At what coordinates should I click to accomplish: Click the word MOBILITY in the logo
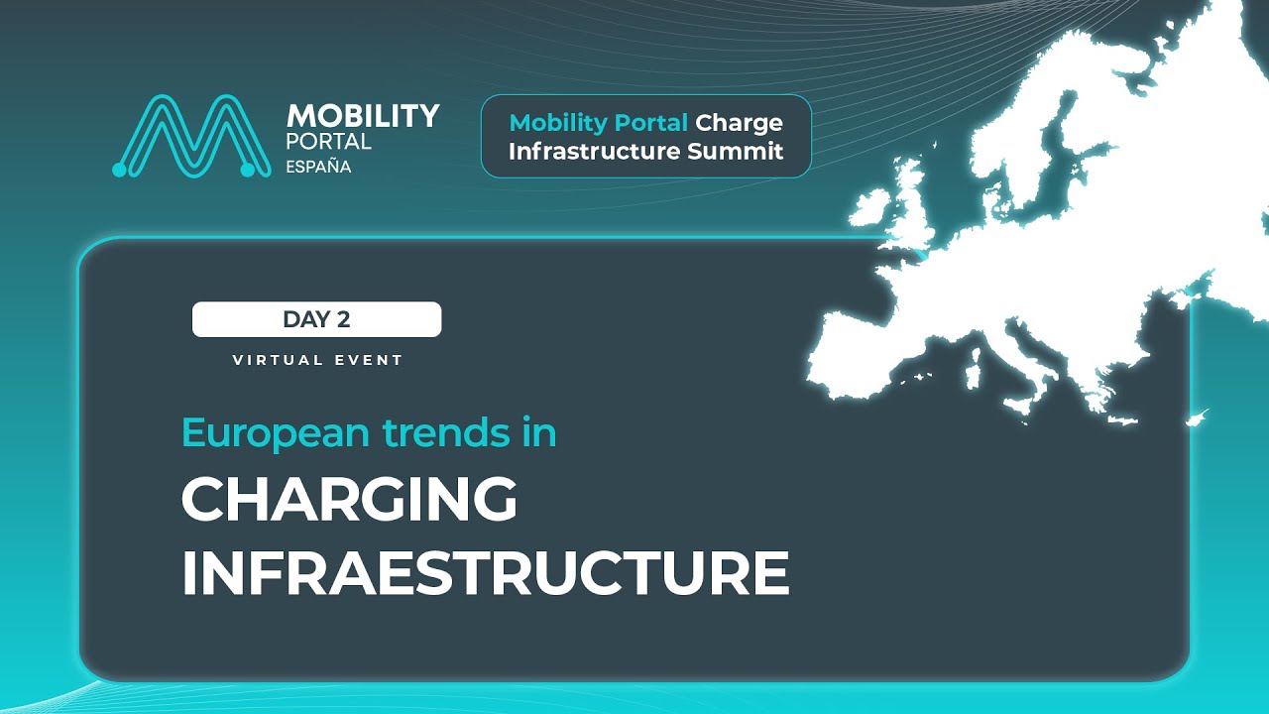[362, 116]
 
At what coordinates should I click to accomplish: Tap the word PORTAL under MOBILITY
[328, 141]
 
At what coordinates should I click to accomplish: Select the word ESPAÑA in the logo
[318, 167]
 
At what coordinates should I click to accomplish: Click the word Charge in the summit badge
[739, 123]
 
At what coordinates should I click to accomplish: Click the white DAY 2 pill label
[316, 319]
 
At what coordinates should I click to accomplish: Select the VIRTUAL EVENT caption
[317, 360]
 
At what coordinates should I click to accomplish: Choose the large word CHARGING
[349, 501]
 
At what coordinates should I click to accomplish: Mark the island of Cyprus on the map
[1197, 417]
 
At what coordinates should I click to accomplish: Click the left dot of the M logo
[120, 171]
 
